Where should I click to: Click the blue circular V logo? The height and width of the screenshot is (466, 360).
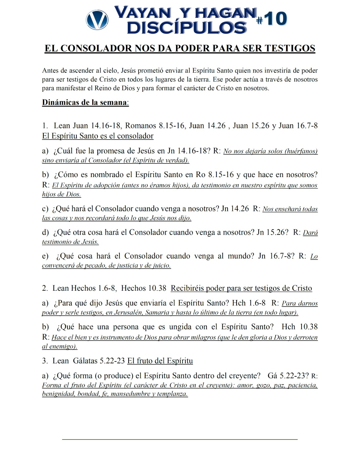(97, 20)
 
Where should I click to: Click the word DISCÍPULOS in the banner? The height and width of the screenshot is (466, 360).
(187, 28)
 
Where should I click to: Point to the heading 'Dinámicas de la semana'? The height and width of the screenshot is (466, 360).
(85, 103)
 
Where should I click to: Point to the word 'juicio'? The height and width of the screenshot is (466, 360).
(161, 265)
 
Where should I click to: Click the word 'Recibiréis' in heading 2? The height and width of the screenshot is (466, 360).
(187, 288)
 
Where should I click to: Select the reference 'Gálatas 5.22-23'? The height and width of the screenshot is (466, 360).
(99, 361)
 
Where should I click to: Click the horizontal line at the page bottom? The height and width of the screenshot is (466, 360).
(180, 439)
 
